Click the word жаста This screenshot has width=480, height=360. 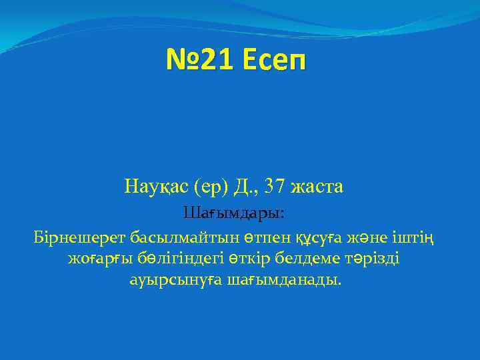[x=317, y=187]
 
